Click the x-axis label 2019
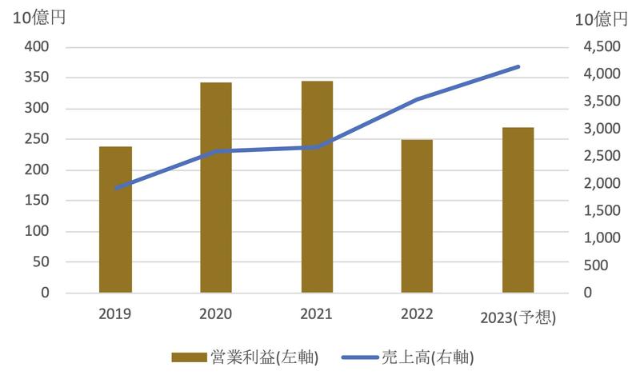pos(115,313)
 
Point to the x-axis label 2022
pos(417,313)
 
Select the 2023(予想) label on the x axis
pos(518,317)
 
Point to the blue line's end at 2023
pos(518,66)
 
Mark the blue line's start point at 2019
pos(116,189)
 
